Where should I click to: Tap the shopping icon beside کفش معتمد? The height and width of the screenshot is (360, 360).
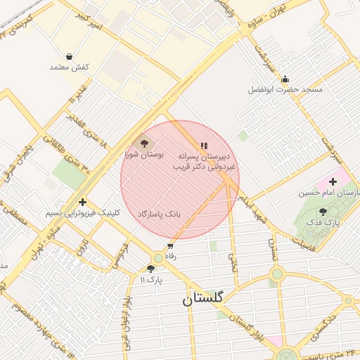[x=69, y=56]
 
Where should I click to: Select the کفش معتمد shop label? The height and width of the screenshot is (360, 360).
[x=69, y=67]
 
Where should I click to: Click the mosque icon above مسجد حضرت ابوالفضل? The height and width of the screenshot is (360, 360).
[x=285, y=79]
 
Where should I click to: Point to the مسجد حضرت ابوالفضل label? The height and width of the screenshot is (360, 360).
[x=285, y=90]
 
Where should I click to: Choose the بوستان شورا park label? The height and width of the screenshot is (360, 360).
[x=144, y=153]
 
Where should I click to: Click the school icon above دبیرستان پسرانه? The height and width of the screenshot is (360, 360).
[x=204, y=146]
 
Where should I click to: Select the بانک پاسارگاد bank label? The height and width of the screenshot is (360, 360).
[x=159, y=213]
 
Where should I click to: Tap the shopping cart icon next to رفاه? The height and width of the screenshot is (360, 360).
[x=170, y=247]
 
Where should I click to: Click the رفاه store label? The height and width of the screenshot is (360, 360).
[x=170, y=257]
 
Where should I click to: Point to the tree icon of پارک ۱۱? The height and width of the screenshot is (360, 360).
[x=150, y=269]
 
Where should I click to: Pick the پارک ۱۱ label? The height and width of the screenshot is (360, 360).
[x=150, y=280]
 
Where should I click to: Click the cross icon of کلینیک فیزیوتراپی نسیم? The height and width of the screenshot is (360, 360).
[x=83, y=202]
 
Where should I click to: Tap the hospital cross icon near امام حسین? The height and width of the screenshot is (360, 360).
[x=333, y=181]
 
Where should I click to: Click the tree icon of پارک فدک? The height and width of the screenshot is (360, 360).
[x=323, y=211]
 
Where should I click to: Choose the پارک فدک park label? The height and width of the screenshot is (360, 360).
[x=323, y=222]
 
